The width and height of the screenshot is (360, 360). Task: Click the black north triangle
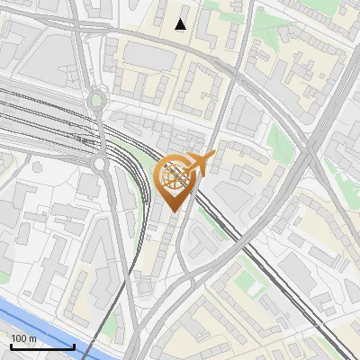coord(181,24)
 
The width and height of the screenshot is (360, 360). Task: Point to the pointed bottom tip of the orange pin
coord(173,211)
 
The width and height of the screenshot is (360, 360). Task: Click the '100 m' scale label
coord(24,337)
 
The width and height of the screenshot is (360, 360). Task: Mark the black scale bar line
coord(41,346)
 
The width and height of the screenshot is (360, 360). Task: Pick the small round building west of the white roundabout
coord(38,166)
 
